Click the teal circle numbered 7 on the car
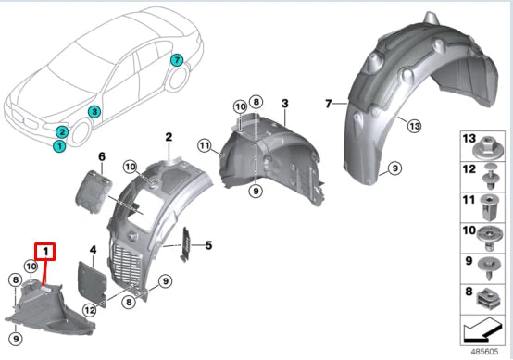coord(176,61)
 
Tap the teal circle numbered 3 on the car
coord(94,112)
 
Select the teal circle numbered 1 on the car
coord(59,145)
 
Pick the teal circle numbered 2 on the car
coord(61,132)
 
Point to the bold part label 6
coord(102,156)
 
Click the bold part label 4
coord(93,250)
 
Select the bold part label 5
coord(209,245)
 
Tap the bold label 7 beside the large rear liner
coord(328,105)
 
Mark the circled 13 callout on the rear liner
coord(414,125)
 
